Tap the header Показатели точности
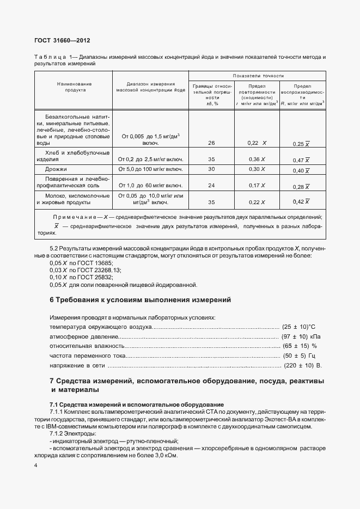[x=258, y=76]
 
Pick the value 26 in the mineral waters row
[x=211, y=143]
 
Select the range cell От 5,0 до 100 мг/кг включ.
[x=150, y=170]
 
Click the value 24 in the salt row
[x=211, y=186]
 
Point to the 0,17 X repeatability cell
[x=257, y=186]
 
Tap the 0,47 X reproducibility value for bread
[x=301, y=160]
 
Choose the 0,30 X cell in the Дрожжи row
[x=257, y=170]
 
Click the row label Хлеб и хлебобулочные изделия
[x=74, y=156]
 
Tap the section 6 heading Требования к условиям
[x=141, y=300]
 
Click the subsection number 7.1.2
[x=58, y=434]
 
